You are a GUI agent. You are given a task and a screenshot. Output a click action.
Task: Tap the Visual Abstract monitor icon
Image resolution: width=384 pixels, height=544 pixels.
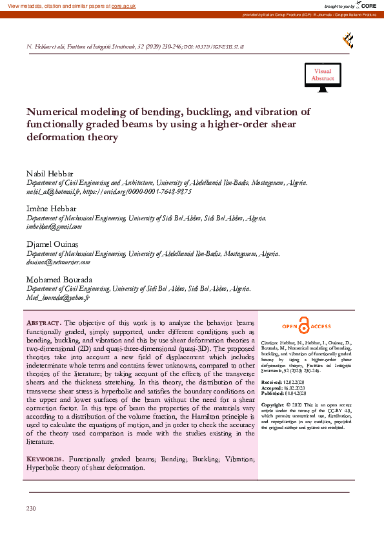click(323, 76)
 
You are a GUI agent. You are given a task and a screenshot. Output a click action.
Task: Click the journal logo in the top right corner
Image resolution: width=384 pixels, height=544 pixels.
click(347, 41)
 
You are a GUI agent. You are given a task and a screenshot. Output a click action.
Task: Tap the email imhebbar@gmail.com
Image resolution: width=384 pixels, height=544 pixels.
click(54, 227)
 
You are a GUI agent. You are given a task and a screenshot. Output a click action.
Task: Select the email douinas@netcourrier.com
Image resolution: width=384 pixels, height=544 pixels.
click(58, 262)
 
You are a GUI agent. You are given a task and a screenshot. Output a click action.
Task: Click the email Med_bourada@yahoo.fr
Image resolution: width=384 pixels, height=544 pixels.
click(57, 297)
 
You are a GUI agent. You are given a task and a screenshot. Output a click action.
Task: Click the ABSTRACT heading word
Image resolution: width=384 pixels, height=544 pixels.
click(43, 322)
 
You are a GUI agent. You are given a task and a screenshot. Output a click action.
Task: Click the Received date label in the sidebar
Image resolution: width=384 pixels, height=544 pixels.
click(271, 382)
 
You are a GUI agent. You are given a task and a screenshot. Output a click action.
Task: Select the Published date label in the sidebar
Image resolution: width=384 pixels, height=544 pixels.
click(272, 393)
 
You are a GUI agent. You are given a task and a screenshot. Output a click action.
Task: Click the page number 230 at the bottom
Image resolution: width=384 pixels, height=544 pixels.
click(31, 509)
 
